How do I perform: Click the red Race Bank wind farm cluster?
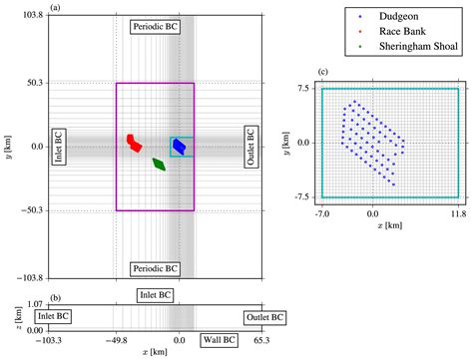coord(134,144)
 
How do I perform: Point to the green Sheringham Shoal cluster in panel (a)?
coord(159,164)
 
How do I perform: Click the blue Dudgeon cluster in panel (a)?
coord(180,147)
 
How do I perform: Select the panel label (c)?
coord(321,73)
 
